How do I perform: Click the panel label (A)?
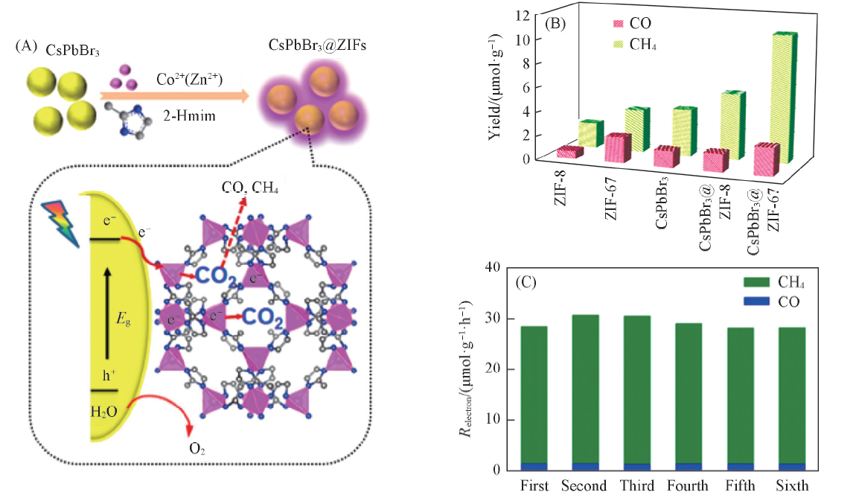point(25,46)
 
